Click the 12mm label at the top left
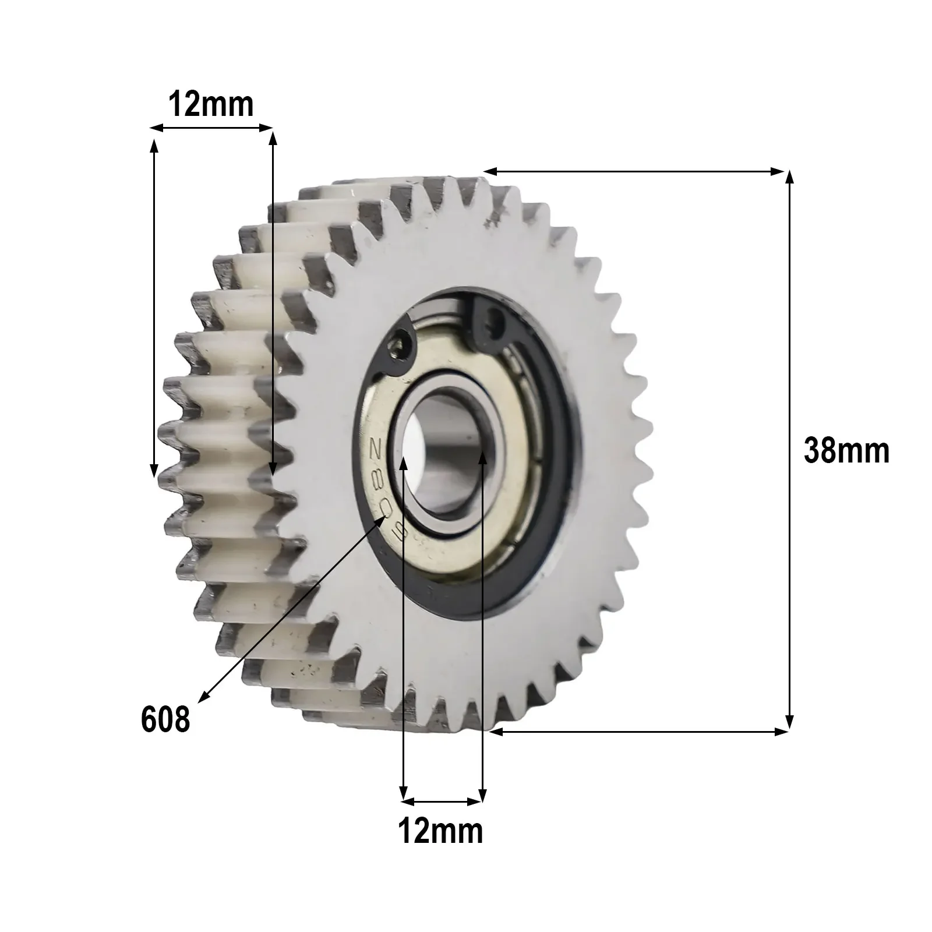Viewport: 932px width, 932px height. pyautogui.click(x=211, y=105)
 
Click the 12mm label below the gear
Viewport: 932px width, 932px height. pyautogui.click(x=440, y=831)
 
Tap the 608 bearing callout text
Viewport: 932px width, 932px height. pyautogui.click(x=165, y=719)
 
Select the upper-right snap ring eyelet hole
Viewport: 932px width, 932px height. pyautogui.click(x=495, y=319)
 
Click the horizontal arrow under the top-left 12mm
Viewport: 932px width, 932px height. pyautogui.click(x=211, y=127)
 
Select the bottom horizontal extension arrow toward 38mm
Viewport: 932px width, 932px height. pyautogui.click(x=638, y=732)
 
